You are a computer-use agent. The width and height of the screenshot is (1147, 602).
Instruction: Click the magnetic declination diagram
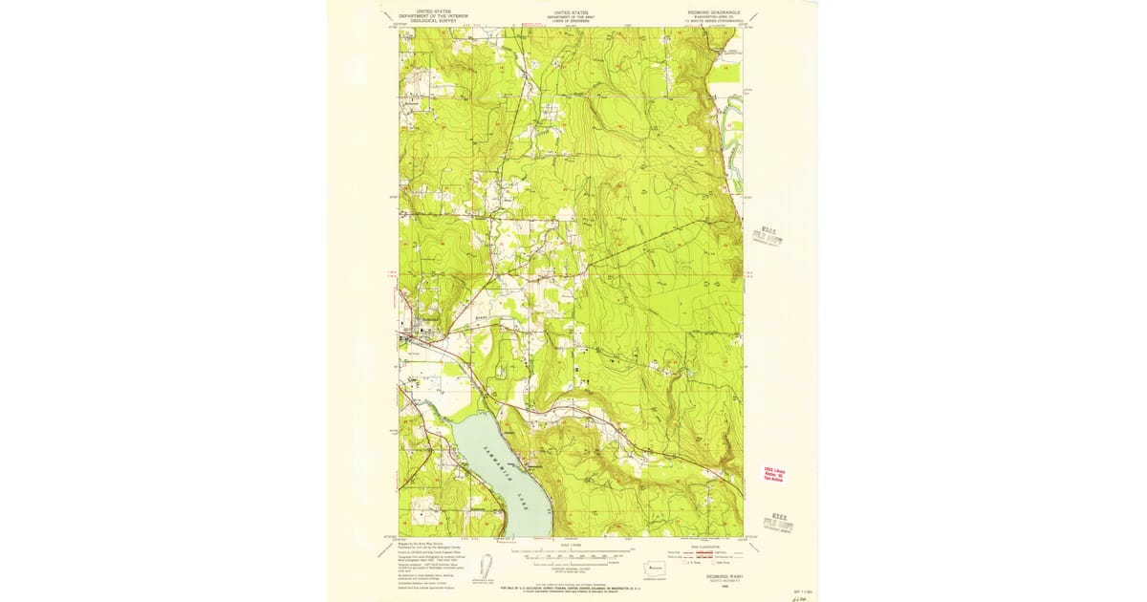point(485,566)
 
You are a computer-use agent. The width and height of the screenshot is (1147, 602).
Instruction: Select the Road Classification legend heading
point(706,545)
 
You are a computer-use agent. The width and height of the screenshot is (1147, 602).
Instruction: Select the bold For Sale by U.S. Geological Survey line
point(571,586)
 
